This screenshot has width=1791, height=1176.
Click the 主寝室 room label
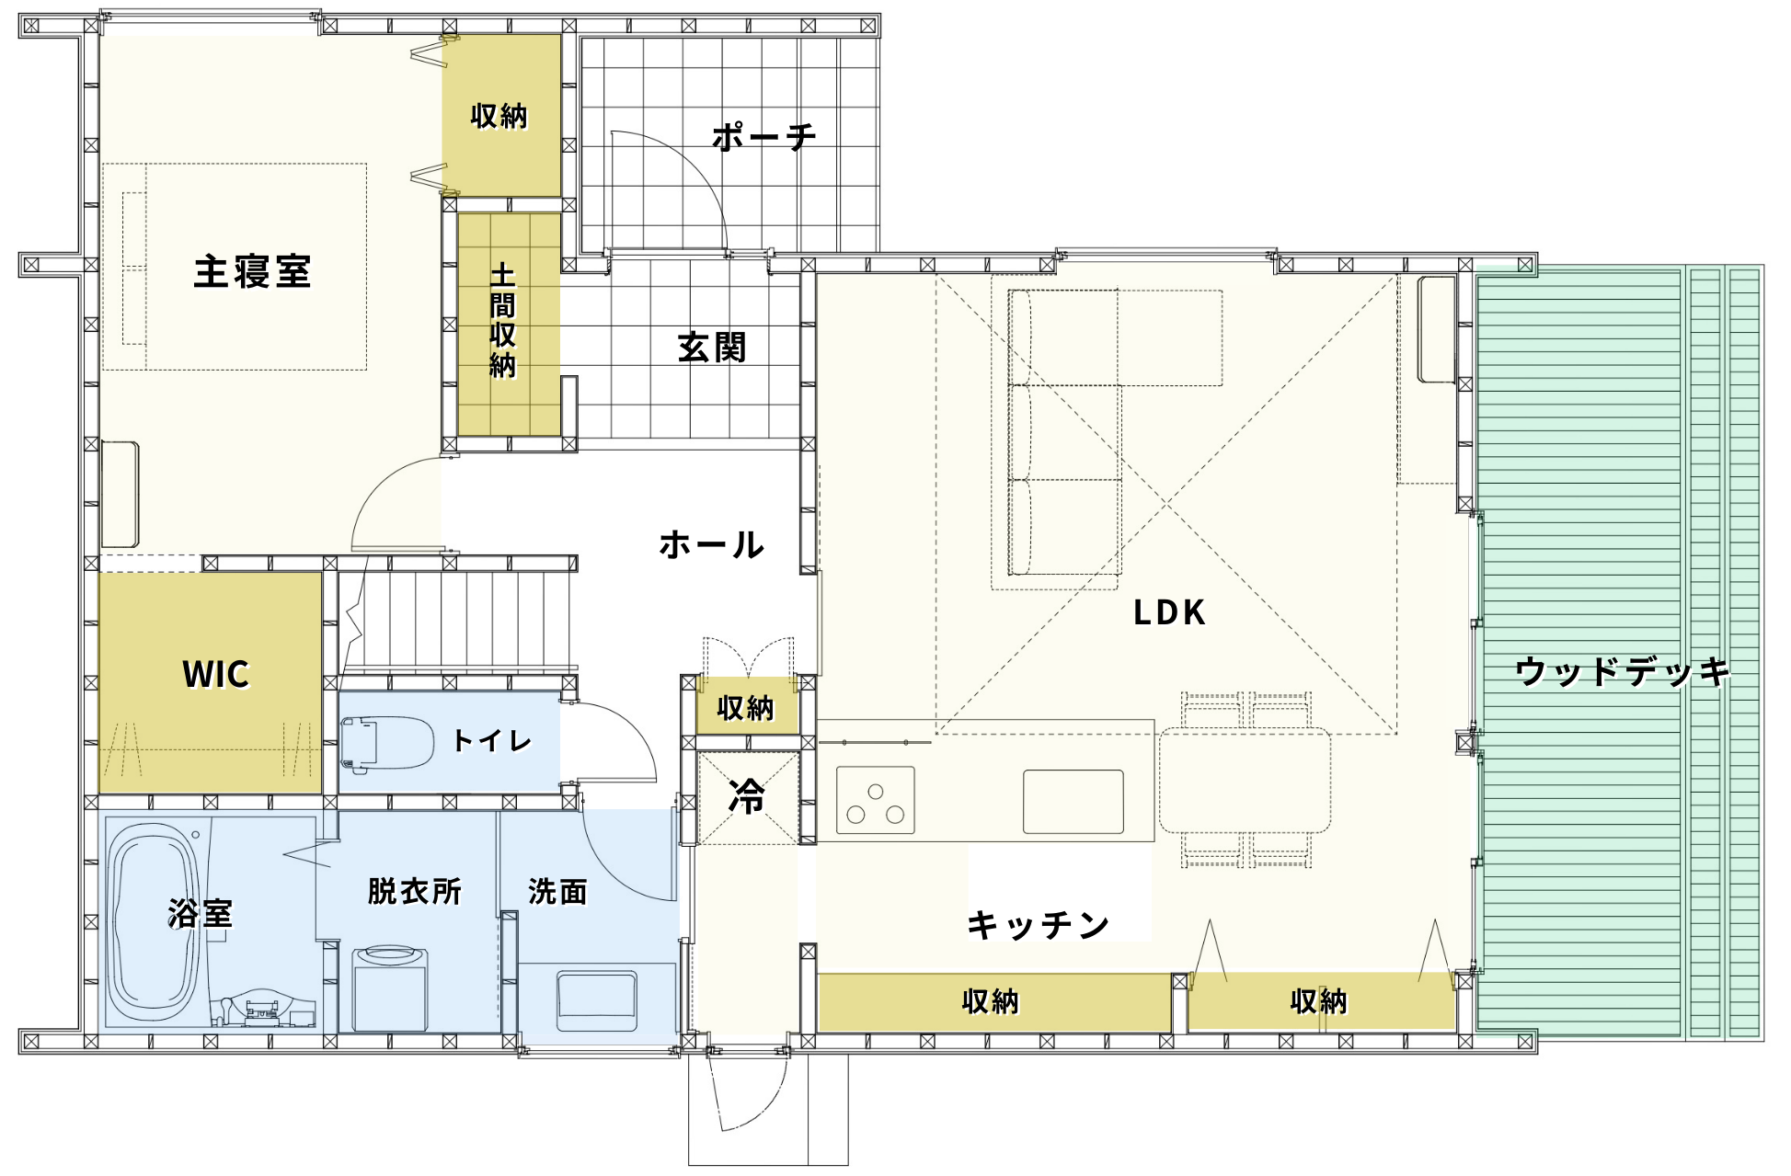pos(252,272)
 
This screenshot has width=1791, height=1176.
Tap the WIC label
pos(215,674)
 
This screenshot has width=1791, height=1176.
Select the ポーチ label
pos(763,137)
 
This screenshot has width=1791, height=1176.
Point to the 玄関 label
pos(711,348)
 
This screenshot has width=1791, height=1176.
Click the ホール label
pos(711,545)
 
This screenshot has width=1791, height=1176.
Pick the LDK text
pos(1168,612)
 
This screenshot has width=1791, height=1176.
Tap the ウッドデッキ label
pos(1623,671)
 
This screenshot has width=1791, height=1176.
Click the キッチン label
pos(1038,924)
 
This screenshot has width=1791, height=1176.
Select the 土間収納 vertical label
pos(502,321)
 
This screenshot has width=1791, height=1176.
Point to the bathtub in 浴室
pos(154,921)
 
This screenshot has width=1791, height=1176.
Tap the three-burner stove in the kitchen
pos(876,800)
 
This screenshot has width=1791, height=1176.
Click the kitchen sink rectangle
pos(1073,802)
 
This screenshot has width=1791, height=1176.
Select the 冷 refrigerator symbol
pos(747,797)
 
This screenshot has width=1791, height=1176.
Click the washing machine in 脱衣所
pos(390,989)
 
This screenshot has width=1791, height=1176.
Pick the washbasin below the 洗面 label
pos(597,1000)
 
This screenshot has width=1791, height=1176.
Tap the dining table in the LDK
pos(1245,781)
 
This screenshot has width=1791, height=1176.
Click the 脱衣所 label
pos(414,891)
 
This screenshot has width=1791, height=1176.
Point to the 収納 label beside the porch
pos(499,116)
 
